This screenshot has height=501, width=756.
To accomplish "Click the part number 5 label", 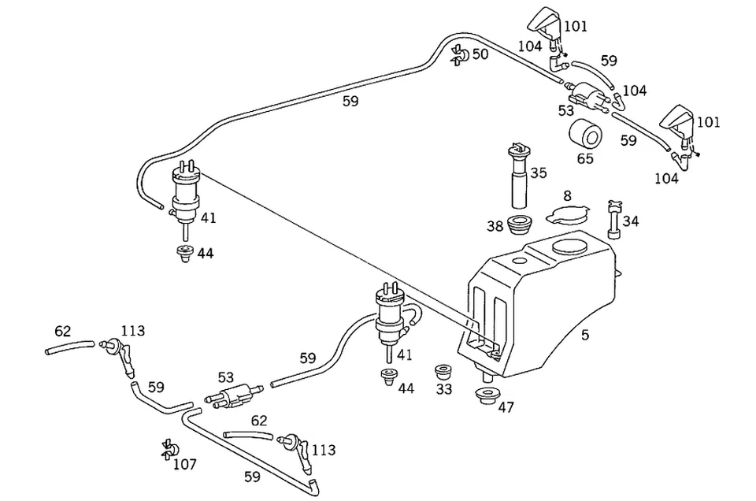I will pos(584,335).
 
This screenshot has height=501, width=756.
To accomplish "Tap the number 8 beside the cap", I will pos(566,195).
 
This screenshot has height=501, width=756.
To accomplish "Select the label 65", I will pos(585,159).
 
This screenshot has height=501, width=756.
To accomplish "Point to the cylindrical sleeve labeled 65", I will pos(585,134).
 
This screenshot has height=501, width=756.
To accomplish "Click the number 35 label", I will pos(539,173).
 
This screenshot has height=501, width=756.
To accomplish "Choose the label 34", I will pos(631,221).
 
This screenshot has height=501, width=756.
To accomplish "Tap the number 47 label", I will pos(506,407).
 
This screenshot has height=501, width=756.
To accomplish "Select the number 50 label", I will pos(480,54).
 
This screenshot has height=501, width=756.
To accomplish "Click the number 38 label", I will pos(495,227).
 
